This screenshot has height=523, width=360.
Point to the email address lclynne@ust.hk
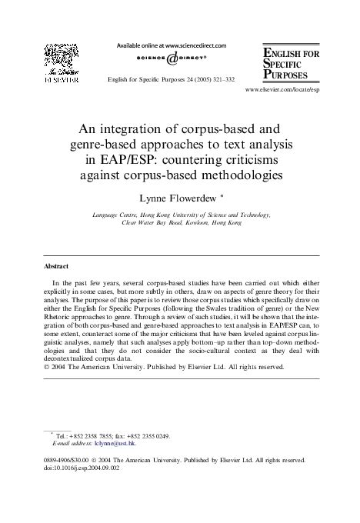pyautogui.click(x=113, y=445)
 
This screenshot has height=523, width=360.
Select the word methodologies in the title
pyautogui.click(x=230, y=175)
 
